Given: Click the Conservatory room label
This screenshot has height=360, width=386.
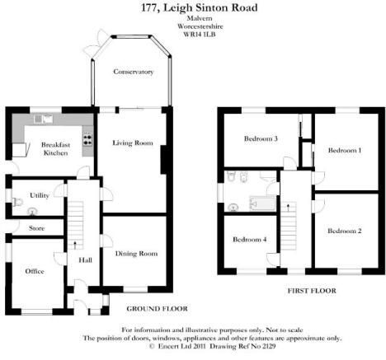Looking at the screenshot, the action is pos(134,72).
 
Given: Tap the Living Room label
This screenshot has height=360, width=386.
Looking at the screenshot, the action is pos(133,143).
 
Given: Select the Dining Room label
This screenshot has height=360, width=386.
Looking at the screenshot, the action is pos(136,254).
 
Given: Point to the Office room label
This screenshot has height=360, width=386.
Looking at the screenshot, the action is pos(35,271).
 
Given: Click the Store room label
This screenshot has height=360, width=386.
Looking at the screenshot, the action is pos(36,228).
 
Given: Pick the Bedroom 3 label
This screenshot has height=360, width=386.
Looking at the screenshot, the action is pos(261,138).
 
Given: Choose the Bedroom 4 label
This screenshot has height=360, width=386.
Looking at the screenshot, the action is pos(250,240).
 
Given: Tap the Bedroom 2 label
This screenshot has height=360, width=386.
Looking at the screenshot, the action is pos(345,231).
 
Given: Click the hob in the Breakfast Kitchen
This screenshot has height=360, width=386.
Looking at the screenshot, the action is pos(88,139).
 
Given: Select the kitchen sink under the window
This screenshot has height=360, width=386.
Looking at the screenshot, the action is pos(44,119).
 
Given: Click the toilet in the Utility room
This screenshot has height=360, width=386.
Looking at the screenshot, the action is pos(17,202).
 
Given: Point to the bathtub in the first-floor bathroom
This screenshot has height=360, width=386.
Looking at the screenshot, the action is pos(262,203).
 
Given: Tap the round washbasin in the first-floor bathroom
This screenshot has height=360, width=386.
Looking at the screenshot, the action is pos(233,208).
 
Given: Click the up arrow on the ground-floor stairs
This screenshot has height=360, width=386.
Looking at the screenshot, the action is pos(75,245).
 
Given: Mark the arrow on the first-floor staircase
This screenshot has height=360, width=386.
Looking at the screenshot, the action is pos(288,208).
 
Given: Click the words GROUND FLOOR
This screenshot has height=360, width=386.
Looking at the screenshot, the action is pos(158,309).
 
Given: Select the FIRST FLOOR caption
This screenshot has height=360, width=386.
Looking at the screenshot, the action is pos(312,291).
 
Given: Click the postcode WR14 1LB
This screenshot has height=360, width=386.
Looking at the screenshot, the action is pos(200,35).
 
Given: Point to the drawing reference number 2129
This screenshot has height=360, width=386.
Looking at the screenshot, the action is pos(268,346).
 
